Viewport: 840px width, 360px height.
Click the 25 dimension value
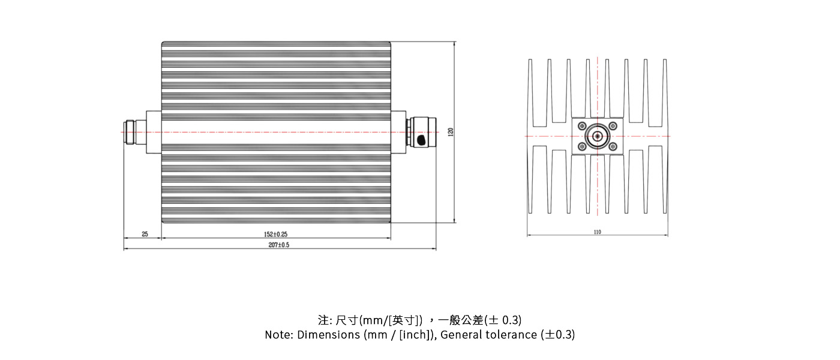(x=145, y=234)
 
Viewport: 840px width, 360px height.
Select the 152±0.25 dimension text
(x=275, y=234)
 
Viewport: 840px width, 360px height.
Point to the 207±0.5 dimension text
(x=279, y=245)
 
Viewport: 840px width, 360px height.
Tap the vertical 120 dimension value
(x=451, y=132)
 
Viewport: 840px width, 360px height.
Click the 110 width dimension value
(x=597, y=232)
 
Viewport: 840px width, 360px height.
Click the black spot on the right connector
(x=421, y=141)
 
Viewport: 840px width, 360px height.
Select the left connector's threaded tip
(x=128, y=132)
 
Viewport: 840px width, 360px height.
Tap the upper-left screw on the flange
(x=582, y=125)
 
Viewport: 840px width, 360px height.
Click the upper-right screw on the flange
(x=613, y=125)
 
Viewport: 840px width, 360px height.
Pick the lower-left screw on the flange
(x=582, y=147)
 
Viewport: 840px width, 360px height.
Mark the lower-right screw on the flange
(x=613, y=147)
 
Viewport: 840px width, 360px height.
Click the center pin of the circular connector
(x=598, y=136)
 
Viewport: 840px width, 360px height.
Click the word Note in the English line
(x=278, y=335)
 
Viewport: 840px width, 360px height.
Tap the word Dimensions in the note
(x=328, y=335)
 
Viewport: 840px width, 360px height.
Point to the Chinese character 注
(x=323, y=320)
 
